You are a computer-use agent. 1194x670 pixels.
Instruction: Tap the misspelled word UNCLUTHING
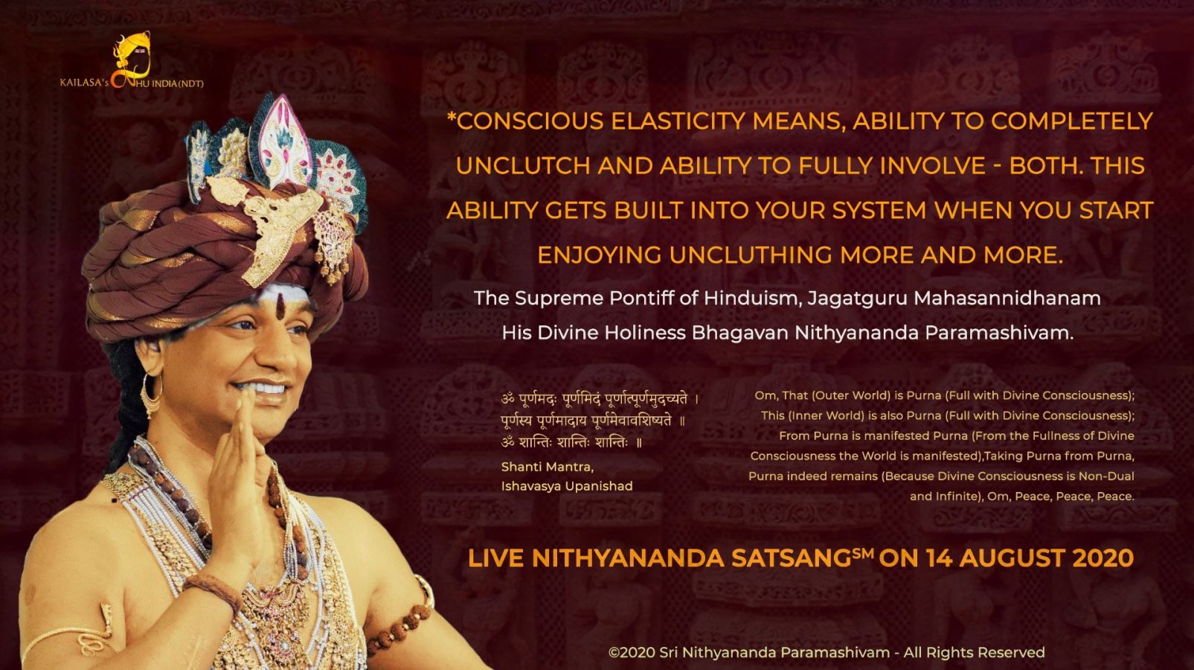click(751, 255)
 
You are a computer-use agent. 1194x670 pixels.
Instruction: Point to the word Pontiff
click(642, 299)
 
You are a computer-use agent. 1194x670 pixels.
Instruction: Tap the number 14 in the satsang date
click(940, 558)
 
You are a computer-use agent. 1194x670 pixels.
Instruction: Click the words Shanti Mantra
click(548, 468)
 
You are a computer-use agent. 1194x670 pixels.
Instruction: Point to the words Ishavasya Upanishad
click(567, 487)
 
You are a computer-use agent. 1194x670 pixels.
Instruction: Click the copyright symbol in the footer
click(614, 652)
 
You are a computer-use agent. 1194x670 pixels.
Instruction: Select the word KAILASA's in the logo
click(84, 83)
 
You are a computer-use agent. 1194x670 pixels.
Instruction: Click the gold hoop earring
click(151, 395)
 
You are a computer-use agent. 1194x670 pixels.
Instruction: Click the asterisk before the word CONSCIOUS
click(452, 116)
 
